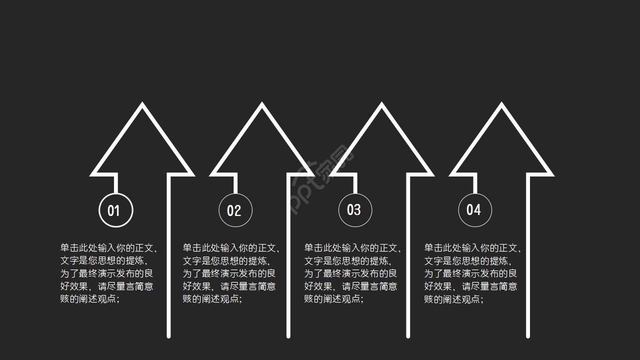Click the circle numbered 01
click(115, 210)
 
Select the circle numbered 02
click(235, 210)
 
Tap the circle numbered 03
click(355, 210)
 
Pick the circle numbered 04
click(474, 210)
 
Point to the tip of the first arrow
click(142, 105)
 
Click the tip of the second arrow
click(261, 105)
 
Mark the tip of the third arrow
click(381, 105)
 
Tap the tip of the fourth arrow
click(501, 105)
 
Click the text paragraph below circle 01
click(108, 273)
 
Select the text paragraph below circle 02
click(230, 273)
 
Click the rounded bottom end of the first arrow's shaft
click(168, 335)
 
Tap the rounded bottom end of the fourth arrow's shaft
click(528, 335)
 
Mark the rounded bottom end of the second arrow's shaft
click(288, 335)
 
